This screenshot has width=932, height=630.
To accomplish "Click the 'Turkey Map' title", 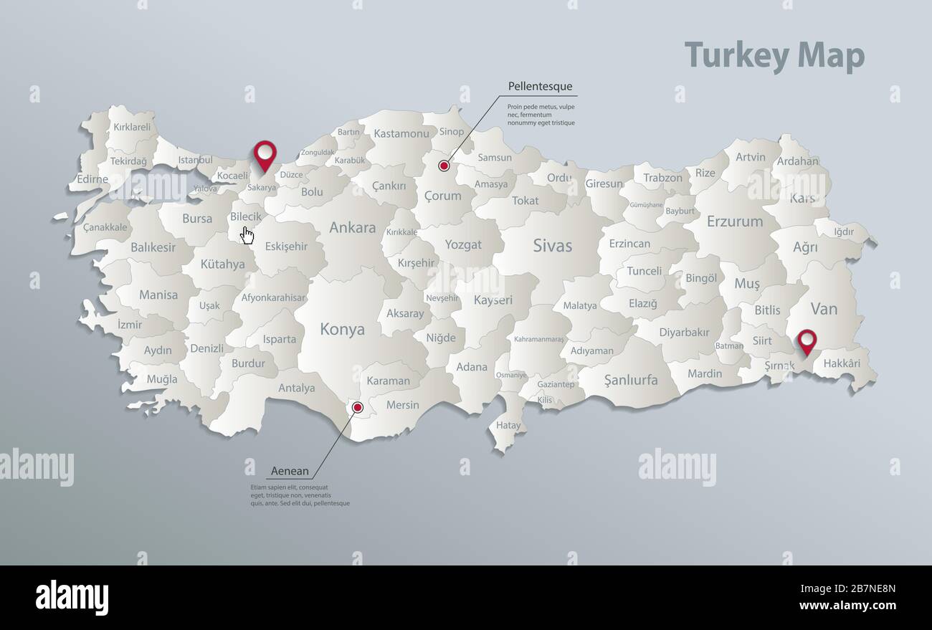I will [x=774, y=55].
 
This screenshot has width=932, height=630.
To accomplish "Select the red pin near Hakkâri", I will [x=807, y=341].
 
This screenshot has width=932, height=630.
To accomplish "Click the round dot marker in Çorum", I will [x=444, y=166].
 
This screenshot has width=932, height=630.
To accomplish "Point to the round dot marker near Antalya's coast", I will [x=358, y=408].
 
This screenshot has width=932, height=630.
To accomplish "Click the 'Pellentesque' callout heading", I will [x=540, y=87].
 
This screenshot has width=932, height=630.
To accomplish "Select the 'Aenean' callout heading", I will [x=290, y=472].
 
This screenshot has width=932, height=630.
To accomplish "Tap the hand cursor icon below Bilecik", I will [x=247, y=235].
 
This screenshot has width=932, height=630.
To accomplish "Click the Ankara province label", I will [x=352, y=228].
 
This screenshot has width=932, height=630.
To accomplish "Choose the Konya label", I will [x=342, y=330].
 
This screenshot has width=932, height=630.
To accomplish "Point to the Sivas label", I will [x=552, y=246].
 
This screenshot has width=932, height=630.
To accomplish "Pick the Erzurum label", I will [x=734, y=221].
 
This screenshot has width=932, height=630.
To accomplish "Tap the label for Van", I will [x=824, y=309].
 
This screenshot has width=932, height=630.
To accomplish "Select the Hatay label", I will [x=508, y=425].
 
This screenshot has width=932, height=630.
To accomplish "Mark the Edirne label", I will [x=92, y=179].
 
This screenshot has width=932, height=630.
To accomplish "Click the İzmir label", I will [x=130, y=325].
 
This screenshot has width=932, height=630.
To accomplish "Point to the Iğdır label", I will [x=844, y=232].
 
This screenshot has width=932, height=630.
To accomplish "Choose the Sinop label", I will [x=452, y=131].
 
